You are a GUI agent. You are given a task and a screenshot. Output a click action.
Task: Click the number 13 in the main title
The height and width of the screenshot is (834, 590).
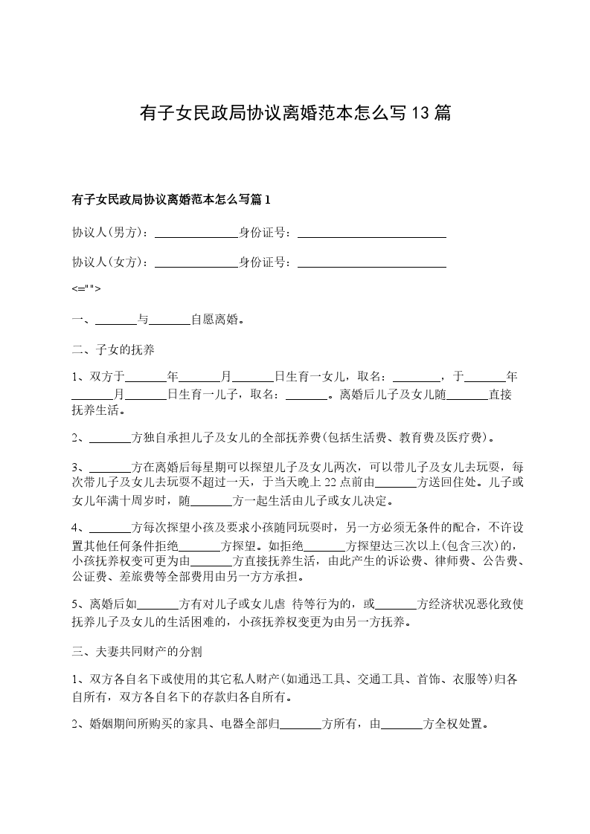(421, 114)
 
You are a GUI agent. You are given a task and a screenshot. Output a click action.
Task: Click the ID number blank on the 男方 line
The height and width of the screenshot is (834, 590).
(371, 233)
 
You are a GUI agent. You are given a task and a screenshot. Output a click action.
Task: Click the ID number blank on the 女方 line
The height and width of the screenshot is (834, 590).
(371, 263)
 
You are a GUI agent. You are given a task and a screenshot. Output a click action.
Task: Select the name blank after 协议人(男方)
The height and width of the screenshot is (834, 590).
(195, 233)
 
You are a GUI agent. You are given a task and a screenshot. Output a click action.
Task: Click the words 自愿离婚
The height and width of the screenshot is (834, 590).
(217, 320)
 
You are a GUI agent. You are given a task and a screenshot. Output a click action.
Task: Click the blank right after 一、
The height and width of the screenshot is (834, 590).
(116, 321)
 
